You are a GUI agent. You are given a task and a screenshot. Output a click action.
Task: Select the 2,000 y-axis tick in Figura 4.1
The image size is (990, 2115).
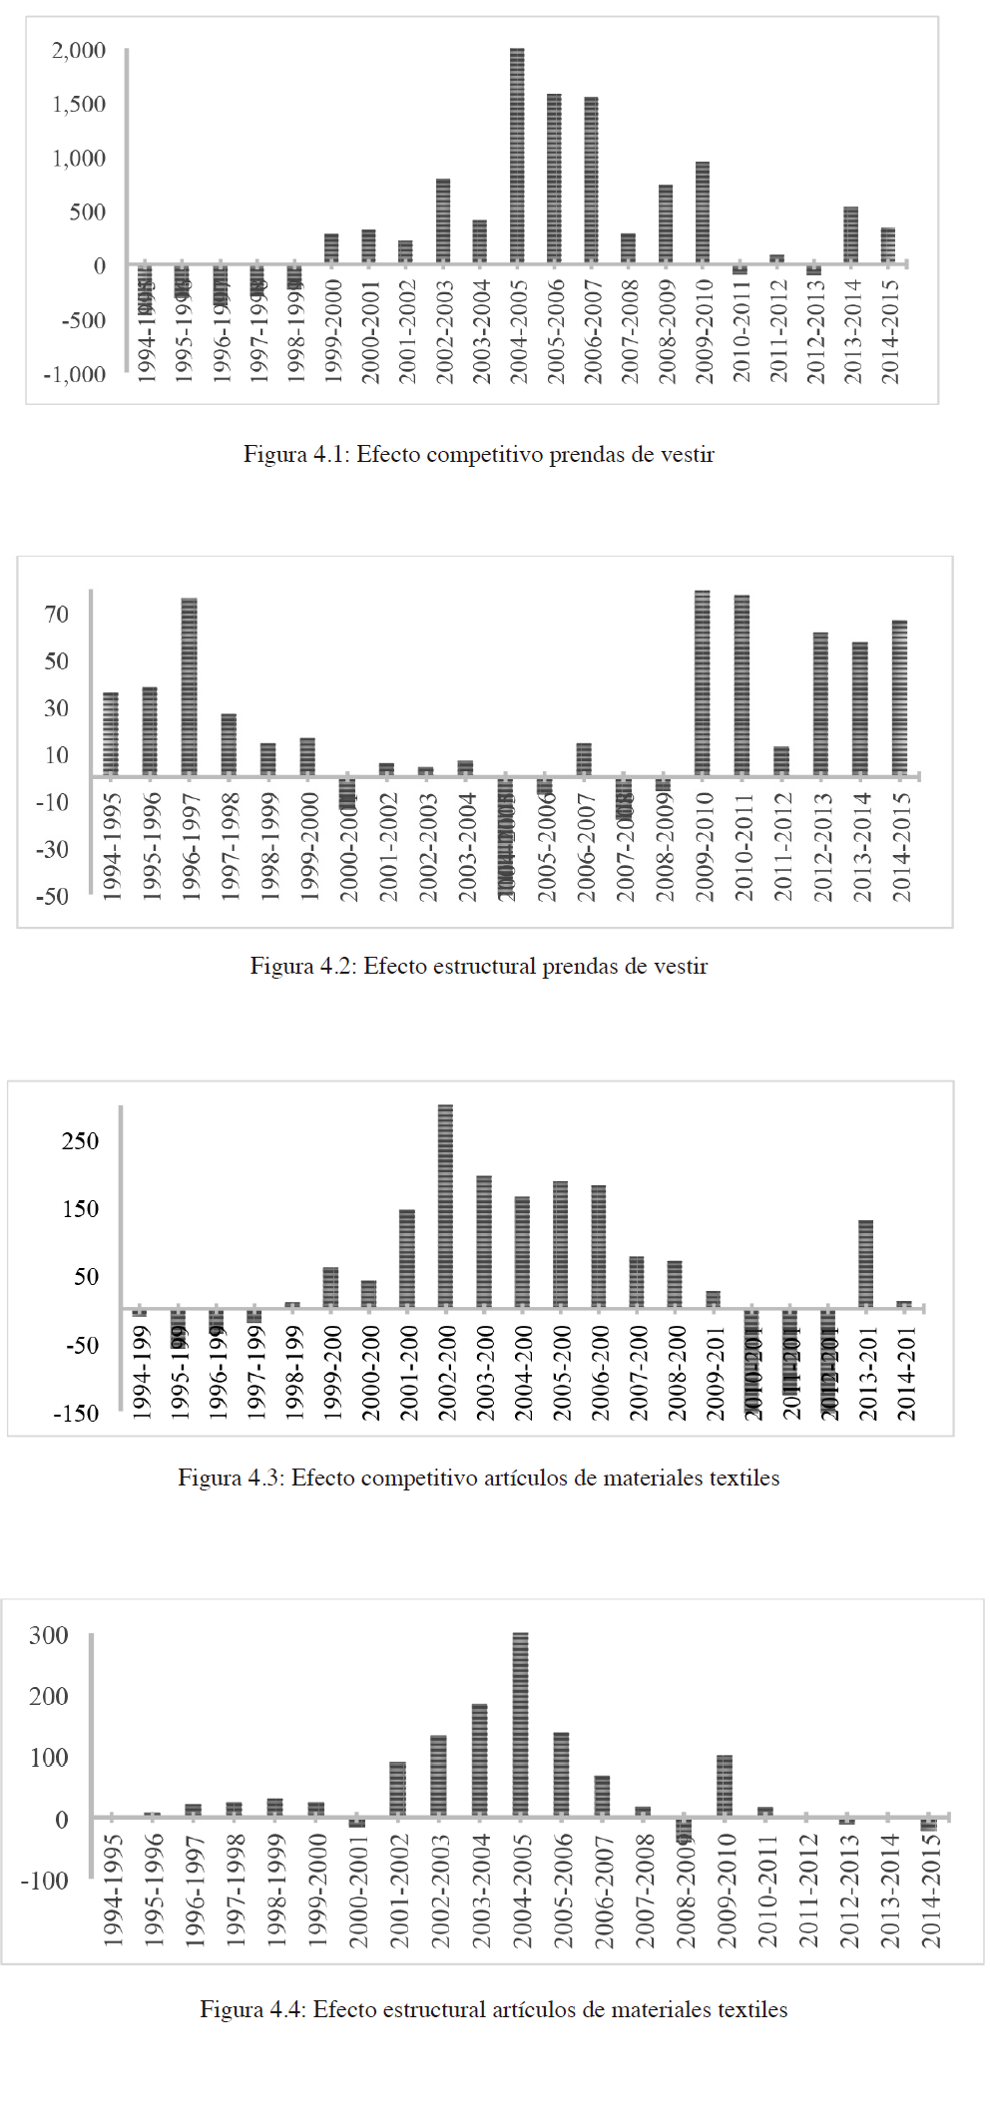79,51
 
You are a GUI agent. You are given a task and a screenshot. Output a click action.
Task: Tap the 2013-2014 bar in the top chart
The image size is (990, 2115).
850,235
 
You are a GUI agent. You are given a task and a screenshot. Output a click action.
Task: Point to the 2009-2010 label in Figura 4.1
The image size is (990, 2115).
704,330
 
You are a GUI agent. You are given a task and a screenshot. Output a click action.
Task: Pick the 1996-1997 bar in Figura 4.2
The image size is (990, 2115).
189,686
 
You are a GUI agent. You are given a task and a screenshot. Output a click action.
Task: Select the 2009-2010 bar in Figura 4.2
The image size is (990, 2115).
703,683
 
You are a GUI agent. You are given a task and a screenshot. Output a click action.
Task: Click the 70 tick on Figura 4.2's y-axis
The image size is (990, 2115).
57,615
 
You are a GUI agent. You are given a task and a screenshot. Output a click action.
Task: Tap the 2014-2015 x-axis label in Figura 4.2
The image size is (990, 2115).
901,847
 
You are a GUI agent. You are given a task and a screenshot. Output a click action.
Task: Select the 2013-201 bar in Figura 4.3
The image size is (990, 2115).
865,1263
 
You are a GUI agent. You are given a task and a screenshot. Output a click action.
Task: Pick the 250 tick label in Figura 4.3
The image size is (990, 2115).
80,1141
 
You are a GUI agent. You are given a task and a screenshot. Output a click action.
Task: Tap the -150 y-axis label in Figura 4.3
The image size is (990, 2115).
76,1414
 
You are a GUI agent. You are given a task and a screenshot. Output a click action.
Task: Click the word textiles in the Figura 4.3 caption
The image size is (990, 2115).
743,1478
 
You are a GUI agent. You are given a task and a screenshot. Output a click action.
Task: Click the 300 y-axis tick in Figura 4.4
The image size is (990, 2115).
49,1636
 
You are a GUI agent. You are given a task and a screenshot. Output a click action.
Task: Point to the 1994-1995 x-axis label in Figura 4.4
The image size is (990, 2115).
113,1890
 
